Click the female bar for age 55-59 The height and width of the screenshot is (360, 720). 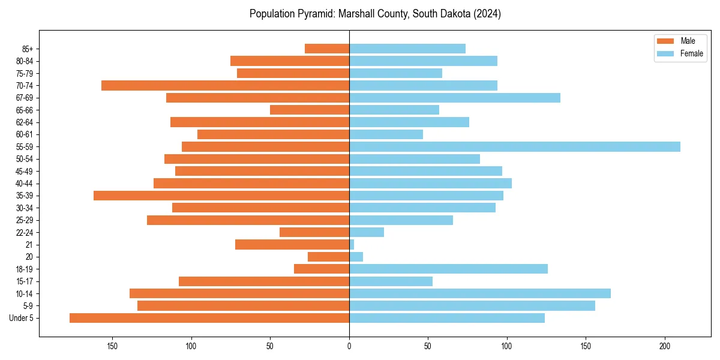click(515, 146)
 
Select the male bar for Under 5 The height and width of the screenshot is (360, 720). click(209, 318)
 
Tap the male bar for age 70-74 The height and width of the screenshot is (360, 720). click(225, 85)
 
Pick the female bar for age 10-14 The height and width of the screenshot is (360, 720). click(480, 293)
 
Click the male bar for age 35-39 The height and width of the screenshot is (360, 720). click(221, 196)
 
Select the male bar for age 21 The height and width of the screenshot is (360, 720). click(292, 244)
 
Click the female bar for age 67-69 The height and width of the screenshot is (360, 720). click(455, 98)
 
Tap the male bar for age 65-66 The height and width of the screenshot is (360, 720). click(310, 110)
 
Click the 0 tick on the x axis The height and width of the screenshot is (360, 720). click(349, 346)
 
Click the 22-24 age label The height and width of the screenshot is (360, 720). click(25, 232)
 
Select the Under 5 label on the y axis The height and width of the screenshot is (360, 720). click(22, 318)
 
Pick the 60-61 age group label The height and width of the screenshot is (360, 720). click(25, 134)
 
